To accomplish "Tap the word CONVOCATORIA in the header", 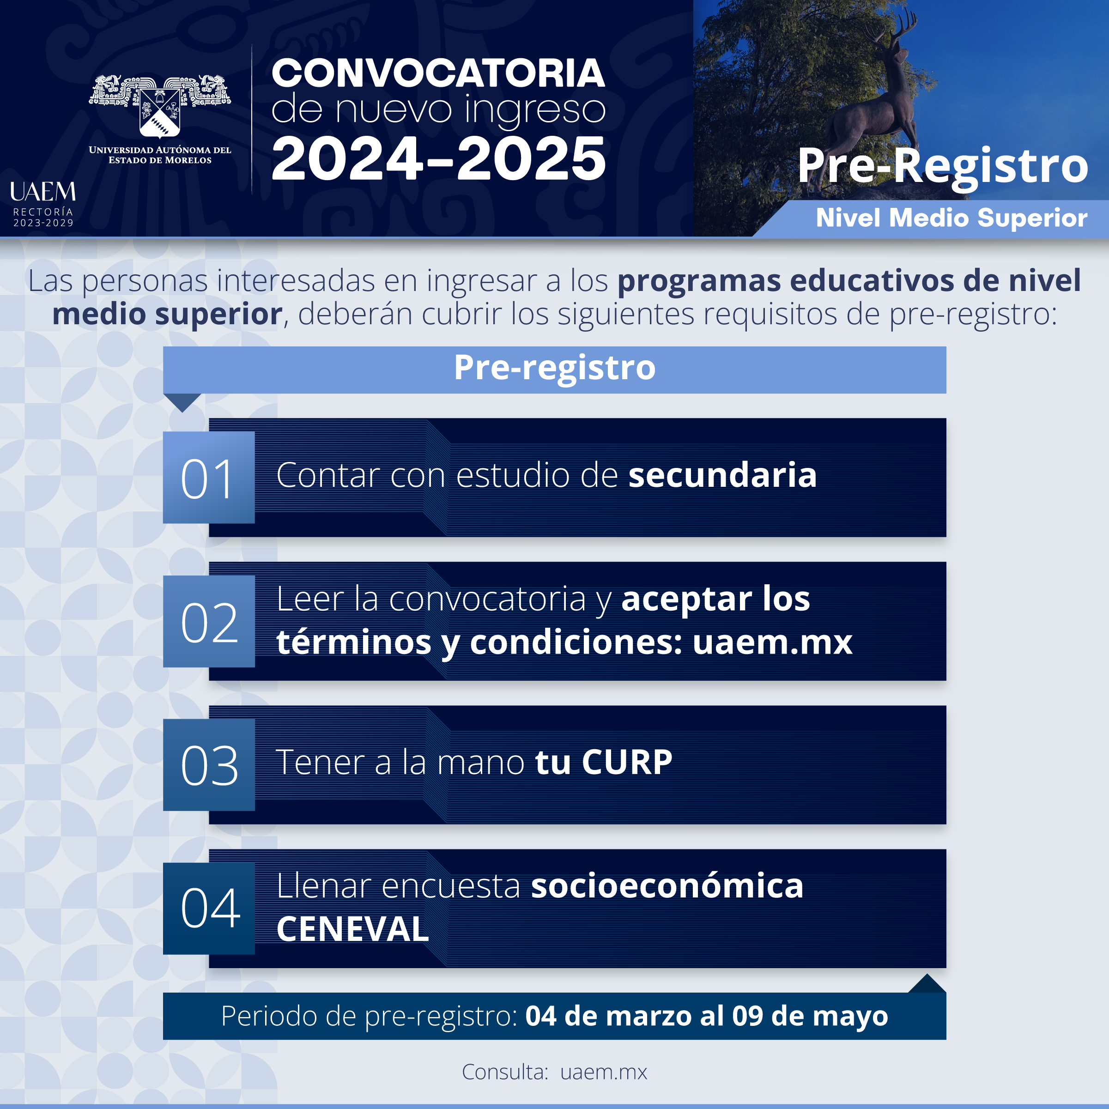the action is [x=438, y=73].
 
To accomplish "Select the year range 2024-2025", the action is [x=438, y=158].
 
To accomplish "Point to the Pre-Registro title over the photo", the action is [x=943, y=166].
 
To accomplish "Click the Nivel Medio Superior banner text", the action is [x=951, y=218].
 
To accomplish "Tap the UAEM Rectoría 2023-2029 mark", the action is [x=43, y=204].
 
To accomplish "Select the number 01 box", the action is [x=209, y=478].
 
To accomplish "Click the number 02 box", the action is [x=209, y=621].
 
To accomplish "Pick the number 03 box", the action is [x=209, y=764].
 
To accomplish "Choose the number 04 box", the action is [x=209, y=908].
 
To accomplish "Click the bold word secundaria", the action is [x=723, y=475].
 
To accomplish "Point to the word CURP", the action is [x=627, y=762].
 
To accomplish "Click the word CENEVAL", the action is [x=352, y=929].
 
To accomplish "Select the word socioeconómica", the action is [x=667, y=886].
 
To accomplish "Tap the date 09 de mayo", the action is [x=811, y=1017].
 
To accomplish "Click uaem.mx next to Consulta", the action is [x=604, y=1072].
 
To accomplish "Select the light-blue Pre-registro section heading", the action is [x=554, y=370].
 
